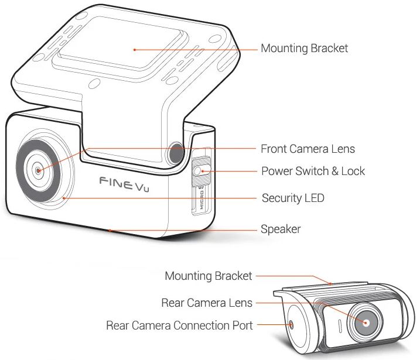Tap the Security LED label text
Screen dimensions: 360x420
[x=292, y=198]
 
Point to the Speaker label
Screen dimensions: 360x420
[x=281, y=229]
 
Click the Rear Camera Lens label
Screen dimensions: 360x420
[x=207, y=303]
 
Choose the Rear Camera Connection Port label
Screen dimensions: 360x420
[x=179, y=325]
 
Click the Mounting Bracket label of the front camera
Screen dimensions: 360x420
[x=304, y=48]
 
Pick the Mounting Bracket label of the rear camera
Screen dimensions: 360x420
[x=208, y=276]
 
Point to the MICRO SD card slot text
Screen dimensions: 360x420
[x=200, y=200]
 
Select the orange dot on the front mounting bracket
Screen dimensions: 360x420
[x=135, y=50]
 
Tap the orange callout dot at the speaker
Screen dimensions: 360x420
[x=110, y=230]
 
